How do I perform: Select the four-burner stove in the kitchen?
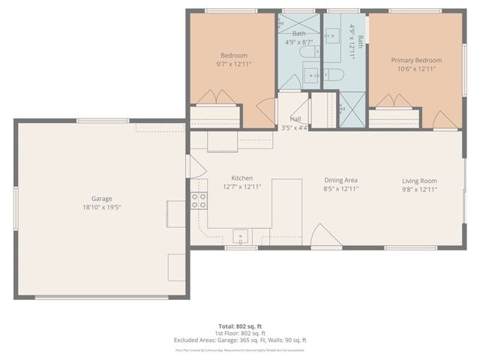[199, 200]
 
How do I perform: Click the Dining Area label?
[340, 180]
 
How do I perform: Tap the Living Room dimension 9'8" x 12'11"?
[419, 190]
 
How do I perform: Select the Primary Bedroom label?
[416, 60]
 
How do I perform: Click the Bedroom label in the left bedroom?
[233, 55]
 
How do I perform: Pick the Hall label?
[295, 119]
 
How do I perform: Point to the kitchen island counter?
[286, 202]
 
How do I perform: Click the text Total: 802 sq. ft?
[241, 326]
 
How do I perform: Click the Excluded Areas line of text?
[241, 340]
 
